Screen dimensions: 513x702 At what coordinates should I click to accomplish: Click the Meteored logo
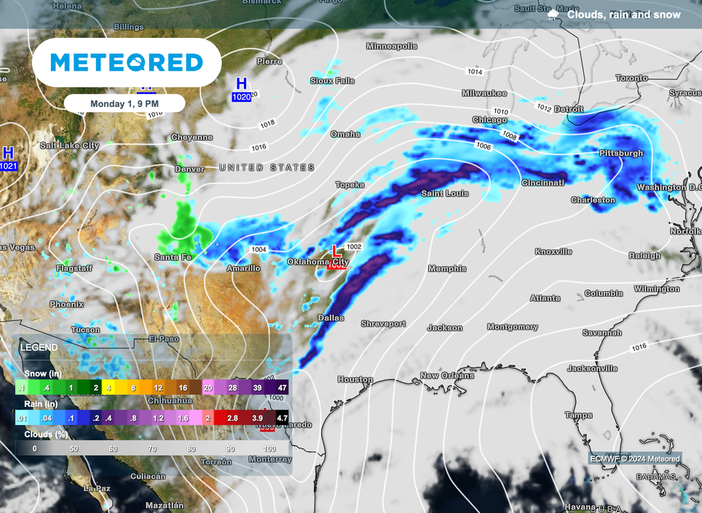coord(127,63)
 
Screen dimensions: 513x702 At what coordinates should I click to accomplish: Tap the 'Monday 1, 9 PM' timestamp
coord(124,103)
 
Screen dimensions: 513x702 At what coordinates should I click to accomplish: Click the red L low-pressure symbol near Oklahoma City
coord(335,251)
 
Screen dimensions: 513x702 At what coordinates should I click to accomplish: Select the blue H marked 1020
coord(241,84)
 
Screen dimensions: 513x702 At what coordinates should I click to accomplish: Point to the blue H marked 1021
coord(8,153)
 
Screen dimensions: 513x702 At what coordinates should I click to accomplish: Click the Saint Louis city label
coord(445,194)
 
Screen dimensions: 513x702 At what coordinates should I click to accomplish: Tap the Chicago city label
coord(489,120)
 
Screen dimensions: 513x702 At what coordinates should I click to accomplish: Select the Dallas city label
coord(330,318)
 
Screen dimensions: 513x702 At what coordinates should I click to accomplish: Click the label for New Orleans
coord(446,376)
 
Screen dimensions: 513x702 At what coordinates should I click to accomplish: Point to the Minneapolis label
coord(392,47)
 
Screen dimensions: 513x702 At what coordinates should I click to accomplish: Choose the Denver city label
coord(189,170)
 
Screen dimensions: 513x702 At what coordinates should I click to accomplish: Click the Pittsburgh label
coord(621,154)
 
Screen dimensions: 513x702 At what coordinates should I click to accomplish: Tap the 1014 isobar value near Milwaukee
coord(475,71)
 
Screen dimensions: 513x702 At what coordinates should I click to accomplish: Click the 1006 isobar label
coord(483,147)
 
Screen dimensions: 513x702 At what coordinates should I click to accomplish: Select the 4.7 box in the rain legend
coord(283,418)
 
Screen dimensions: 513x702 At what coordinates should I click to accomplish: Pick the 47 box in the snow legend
coord(282,388)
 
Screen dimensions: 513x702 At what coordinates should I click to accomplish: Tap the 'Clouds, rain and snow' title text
coord(623,15)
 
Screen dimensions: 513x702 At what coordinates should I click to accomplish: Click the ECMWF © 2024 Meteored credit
coord(634,459)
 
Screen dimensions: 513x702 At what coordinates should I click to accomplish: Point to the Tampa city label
coord(577,415)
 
